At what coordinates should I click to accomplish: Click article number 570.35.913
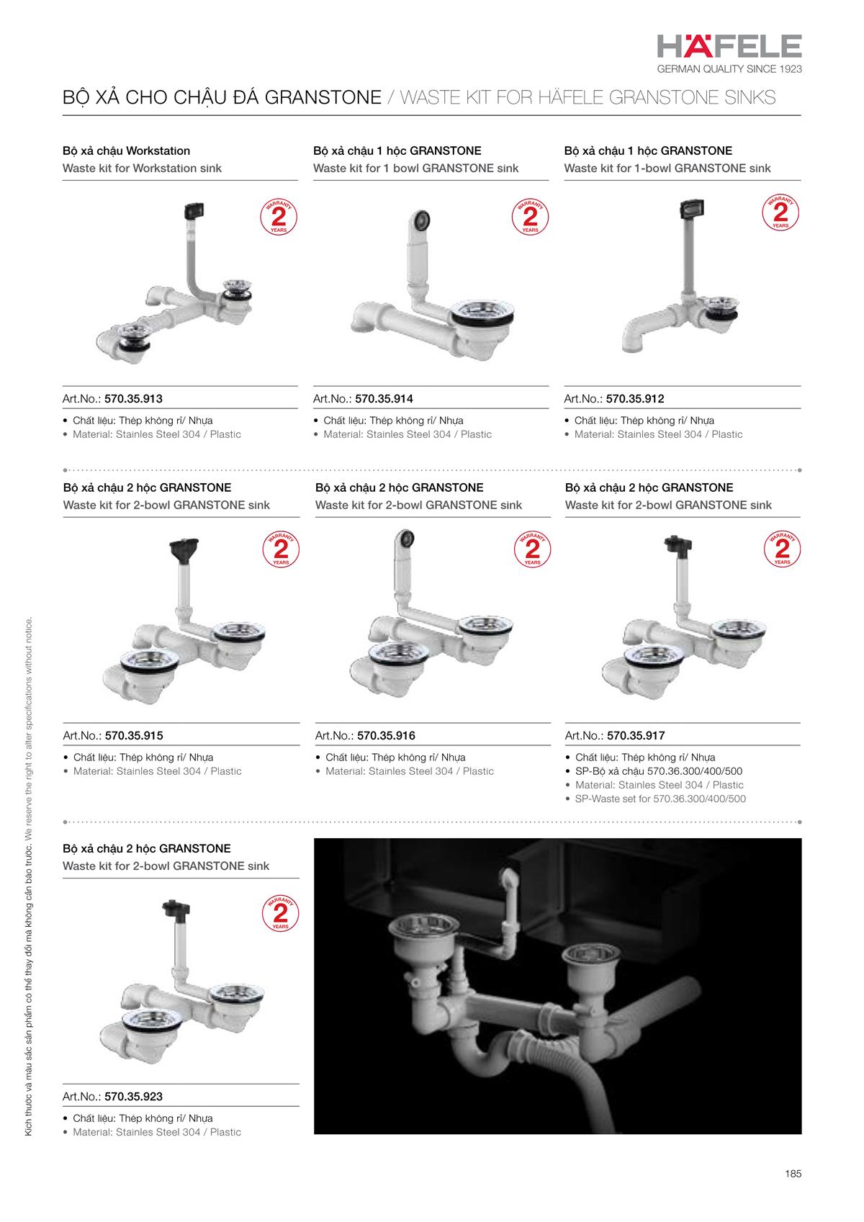133,399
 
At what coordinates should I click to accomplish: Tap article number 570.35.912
635,399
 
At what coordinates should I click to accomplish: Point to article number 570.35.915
134,736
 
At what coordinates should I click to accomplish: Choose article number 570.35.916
386,736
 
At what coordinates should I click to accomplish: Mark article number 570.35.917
636,736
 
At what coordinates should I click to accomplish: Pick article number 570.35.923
133,1097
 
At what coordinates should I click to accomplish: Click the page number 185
793,1174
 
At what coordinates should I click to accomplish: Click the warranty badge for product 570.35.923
281,914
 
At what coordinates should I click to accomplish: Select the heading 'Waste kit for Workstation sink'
142,169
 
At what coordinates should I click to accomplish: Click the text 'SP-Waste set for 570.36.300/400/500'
660,799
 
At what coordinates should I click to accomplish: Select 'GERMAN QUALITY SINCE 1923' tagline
729,69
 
